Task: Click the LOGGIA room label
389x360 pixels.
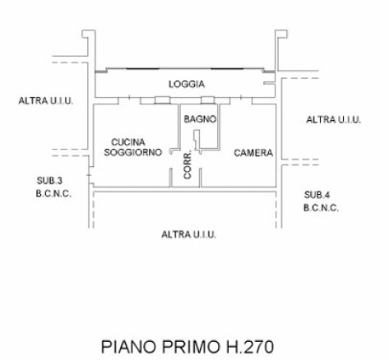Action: [187, 84]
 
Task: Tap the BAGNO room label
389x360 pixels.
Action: [200, 119]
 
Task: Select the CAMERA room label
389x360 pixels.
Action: [253, 153]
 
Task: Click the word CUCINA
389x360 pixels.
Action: [128, 142]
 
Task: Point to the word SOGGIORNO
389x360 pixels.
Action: [133, 152]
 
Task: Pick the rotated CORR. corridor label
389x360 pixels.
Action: [188, 165]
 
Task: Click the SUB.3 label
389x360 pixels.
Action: [49, 181]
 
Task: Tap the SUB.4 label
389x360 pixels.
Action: [317, 195]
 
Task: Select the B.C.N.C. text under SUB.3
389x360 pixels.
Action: [53, 194]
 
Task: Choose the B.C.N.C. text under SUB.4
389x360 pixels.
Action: [321, 208]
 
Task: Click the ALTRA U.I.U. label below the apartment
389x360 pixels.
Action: [189, 235]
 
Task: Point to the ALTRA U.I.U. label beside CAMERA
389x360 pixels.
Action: [333, 120]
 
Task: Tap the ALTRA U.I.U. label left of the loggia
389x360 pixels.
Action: [46, 101]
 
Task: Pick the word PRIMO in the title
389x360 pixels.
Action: [191, 347]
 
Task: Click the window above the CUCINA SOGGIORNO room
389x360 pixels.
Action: [162, 100]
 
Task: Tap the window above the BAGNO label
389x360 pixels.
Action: [207, 100]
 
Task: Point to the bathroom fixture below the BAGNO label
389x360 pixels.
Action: [197, 140]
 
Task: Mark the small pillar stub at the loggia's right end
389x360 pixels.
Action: [269, 83]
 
